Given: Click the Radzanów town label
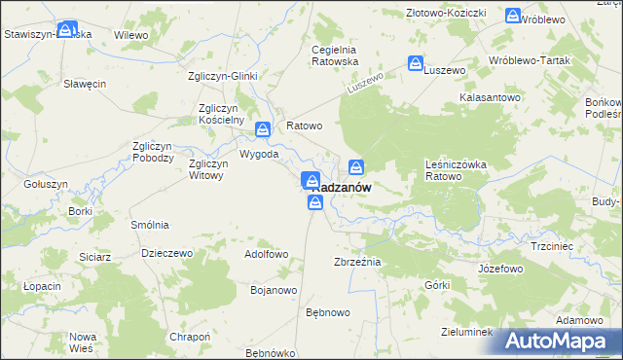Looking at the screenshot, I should pos(343,188).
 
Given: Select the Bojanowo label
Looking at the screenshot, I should pos(274,290).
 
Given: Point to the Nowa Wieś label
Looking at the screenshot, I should pos(82,342).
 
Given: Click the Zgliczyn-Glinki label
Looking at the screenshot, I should pos(222,76).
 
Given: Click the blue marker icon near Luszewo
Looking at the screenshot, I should pos(416,64).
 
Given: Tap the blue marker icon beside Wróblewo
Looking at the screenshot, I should pos(513,15).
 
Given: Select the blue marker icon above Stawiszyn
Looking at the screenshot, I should pos(66,30).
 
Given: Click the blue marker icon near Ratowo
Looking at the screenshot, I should pos(263,129).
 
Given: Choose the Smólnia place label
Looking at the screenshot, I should pos(150,224).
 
